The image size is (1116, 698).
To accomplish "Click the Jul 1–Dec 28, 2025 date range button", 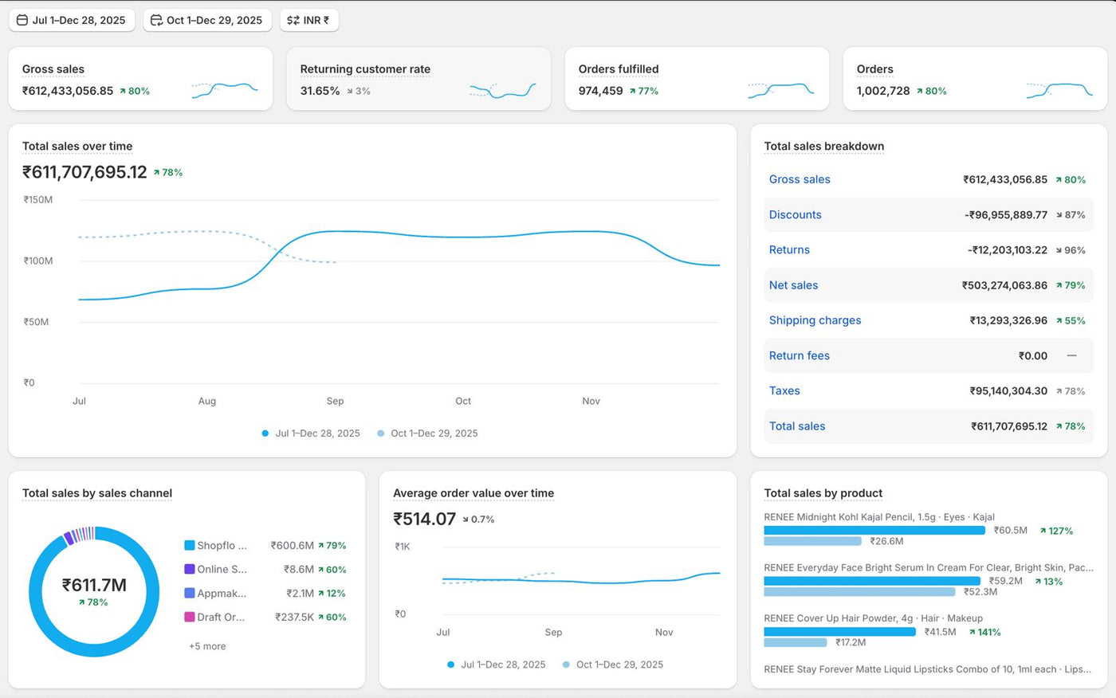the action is (72, 21).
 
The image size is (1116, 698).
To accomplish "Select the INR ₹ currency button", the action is (309, 21).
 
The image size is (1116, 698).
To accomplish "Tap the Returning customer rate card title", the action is (365, 69).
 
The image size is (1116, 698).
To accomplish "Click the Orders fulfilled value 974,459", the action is (600, 91).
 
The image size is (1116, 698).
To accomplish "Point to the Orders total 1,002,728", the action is (883, 91).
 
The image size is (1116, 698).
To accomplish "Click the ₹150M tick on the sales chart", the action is (38, 200).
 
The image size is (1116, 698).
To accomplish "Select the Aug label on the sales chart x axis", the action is (207, 401).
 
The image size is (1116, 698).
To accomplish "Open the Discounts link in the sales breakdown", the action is (796, 214).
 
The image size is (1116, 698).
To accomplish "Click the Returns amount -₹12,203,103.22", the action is (1008, 250).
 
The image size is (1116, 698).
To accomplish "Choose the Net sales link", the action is (794, 285).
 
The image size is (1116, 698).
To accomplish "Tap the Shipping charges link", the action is (815, 320).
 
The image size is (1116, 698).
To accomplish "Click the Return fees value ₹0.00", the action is (1033, 356).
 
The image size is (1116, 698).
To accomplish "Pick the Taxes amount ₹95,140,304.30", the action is (1008, 390).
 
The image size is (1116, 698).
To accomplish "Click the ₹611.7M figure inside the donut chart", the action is (94, 585).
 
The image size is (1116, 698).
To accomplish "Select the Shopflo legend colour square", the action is (190, 545).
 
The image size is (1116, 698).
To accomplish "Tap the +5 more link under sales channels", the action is (207, 646).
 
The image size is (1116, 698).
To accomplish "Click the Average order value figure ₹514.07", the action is (424, 520).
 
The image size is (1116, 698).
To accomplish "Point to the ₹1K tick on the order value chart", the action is (403, 547).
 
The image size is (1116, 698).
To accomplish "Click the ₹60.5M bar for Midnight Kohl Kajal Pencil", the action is (874, 530).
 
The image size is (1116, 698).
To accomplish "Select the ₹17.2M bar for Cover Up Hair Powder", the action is (796, 643).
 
